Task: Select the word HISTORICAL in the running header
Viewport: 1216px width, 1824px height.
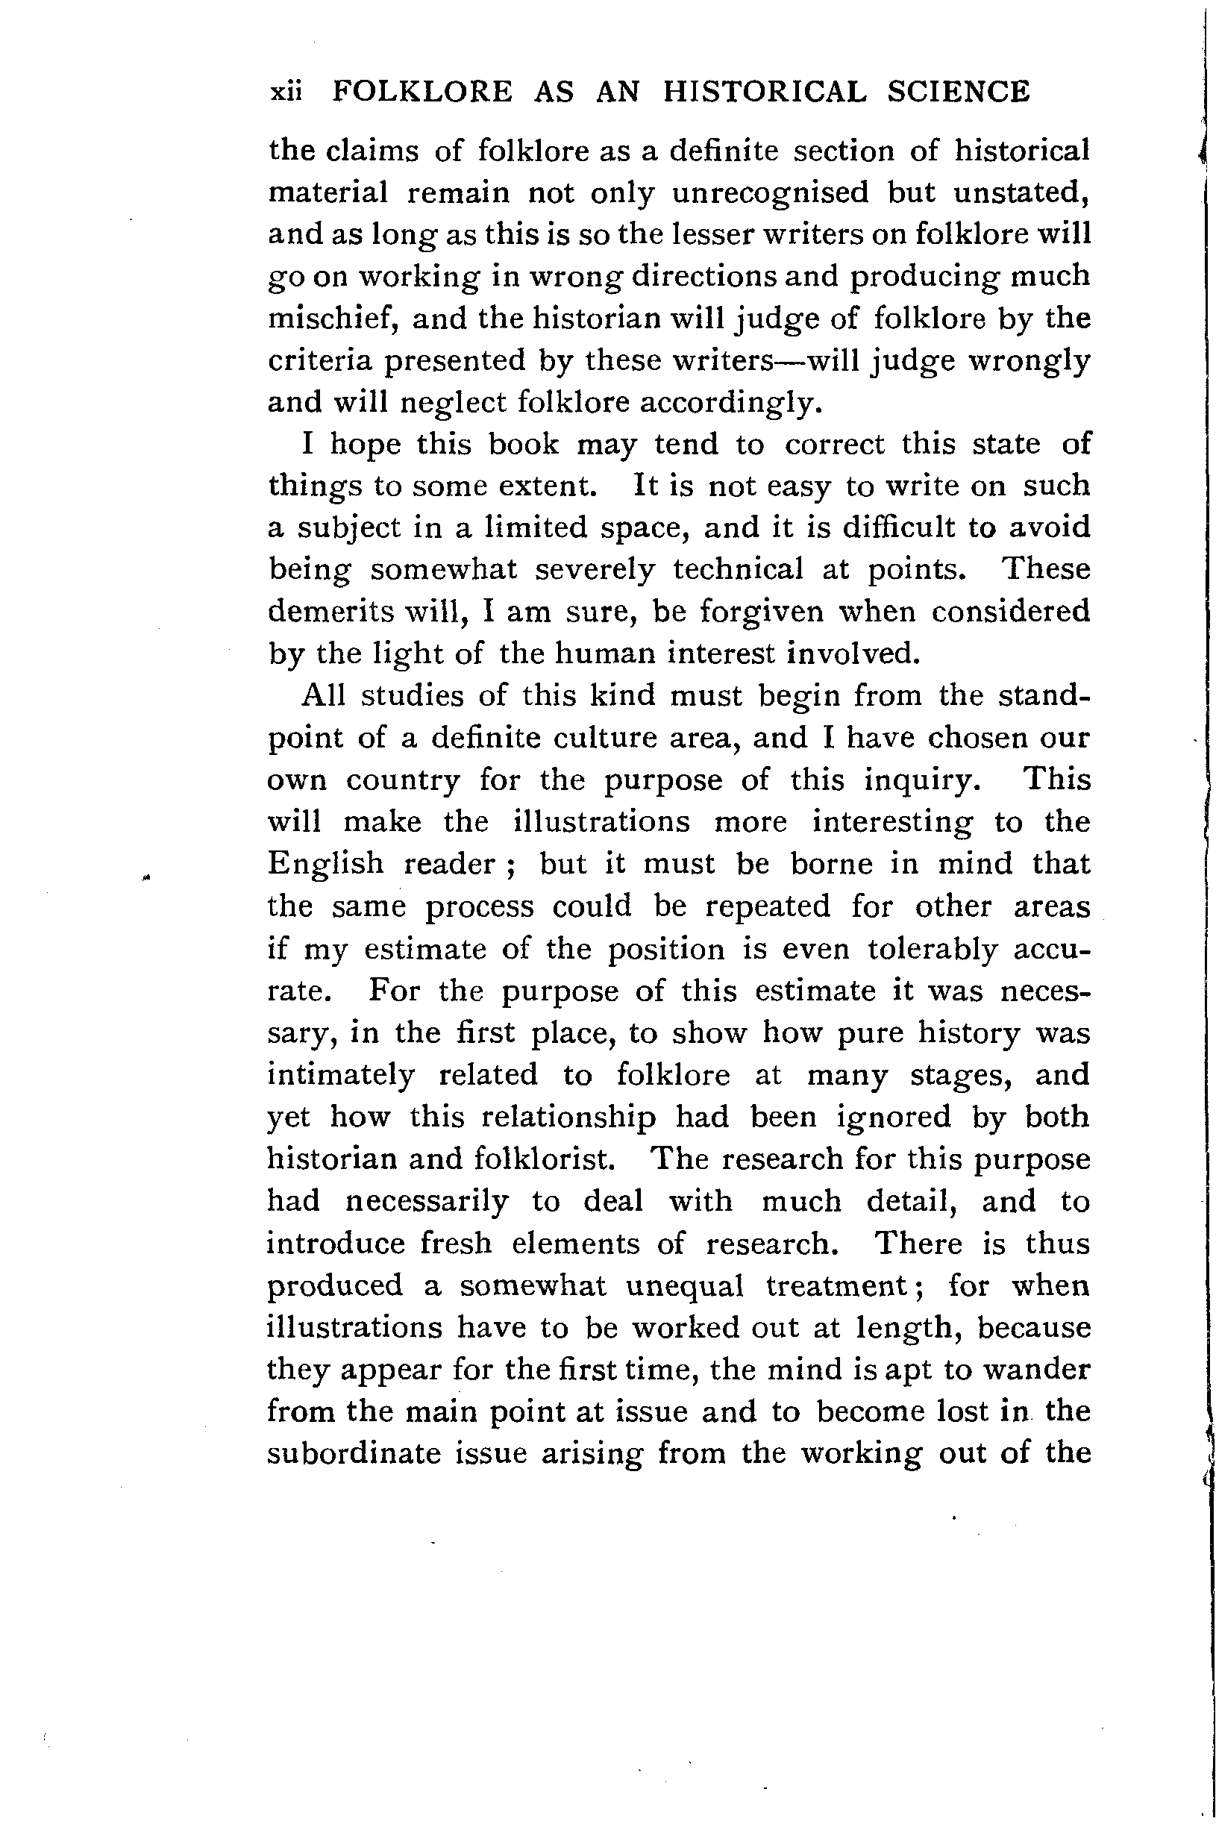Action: coord(765,93)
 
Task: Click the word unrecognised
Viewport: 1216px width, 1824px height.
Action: coord(770,192)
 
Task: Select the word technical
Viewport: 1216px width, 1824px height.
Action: coord(738,570)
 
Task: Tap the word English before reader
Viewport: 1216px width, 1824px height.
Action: coord(326,864)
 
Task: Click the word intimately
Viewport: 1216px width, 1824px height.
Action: coord(340,1076)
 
